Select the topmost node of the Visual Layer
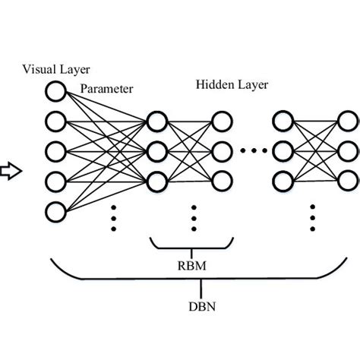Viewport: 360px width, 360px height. coord(55,93)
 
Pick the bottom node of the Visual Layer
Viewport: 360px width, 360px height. coord(55,210)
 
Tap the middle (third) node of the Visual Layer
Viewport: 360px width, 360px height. coord(55,150)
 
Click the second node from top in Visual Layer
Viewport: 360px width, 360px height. coord(55,122)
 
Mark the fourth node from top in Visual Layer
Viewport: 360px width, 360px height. coord(55,180)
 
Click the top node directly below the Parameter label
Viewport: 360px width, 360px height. coord(156,122)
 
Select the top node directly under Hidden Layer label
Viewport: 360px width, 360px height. coord(221,122)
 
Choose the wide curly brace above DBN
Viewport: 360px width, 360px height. coord(202,274)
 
